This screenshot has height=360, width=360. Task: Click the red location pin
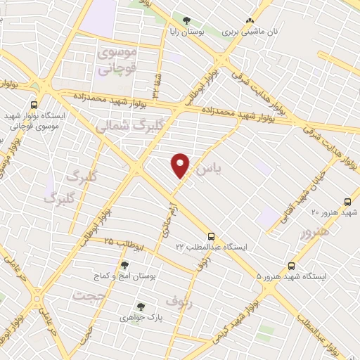click(181, 166)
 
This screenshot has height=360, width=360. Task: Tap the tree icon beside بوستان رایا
click(186, 21)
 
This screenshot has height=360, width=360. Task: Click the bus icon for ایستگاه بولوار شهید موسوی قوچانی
click(34, 104)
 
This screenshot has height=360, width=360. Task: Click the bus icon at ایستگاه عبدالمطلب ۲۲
click(212, 236)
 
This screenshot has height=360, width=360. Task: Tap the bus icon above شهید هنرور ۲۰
click(347, 201)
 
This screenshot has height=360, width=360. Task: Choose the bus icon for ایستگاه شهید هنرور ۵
click(292, 266)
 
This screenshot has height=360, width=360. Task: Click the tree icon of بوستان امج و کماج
click(124, 265)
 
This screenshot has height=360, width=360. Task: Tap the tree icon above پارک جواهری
click(141, 307)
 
